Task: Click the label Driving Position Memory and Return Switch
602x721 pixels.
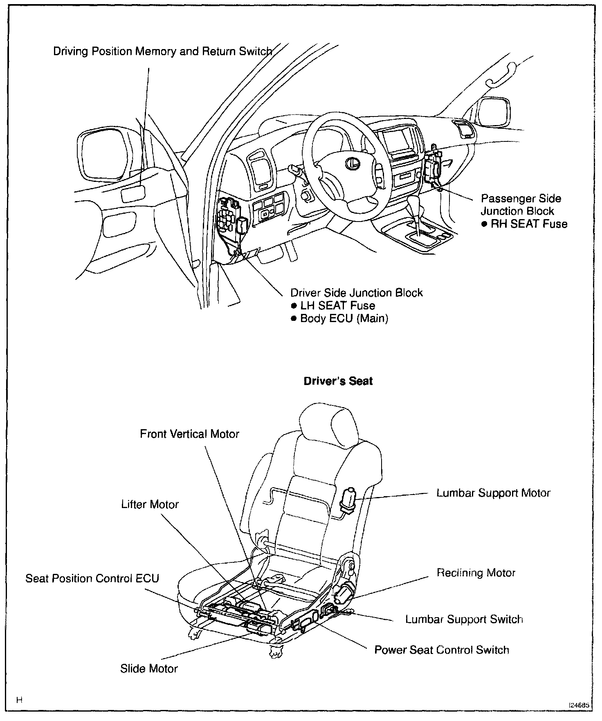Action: [x=162, y=51]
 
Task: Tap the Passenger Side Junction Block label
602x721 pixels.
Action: [x=520, y=205]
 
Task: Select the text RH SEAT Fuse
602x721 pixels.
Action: [x=529, y=224]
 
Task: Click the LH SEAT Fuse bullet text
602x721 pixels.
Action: [x=337, y=305]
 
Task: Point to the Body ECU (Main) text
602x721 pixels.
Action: [x=344, y=318]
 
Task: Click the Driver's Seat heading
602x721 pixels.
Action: [x=338, y=381]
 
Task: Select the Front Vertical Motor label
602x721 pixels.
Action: [x=189, y=434]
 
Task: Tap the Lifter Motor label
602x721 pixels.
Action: [x=150, y=504]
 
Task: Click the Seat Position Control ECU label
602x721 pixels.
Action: [x=92, y=578]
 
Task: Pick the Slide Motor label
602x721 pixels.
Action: [x=149, y=669]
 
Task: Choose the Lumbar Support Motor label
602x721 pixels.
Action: [x=493, y=493]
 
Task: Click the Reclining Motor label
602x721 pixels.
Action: [x=476, y=573]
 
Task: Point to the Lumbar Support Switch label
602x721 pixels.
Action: [x=464, y=619]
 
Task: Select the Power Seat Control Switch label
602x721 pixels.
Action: [x=442, y=650]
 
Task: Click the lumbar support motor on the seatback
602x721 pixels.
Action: [x=350, y=499]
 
